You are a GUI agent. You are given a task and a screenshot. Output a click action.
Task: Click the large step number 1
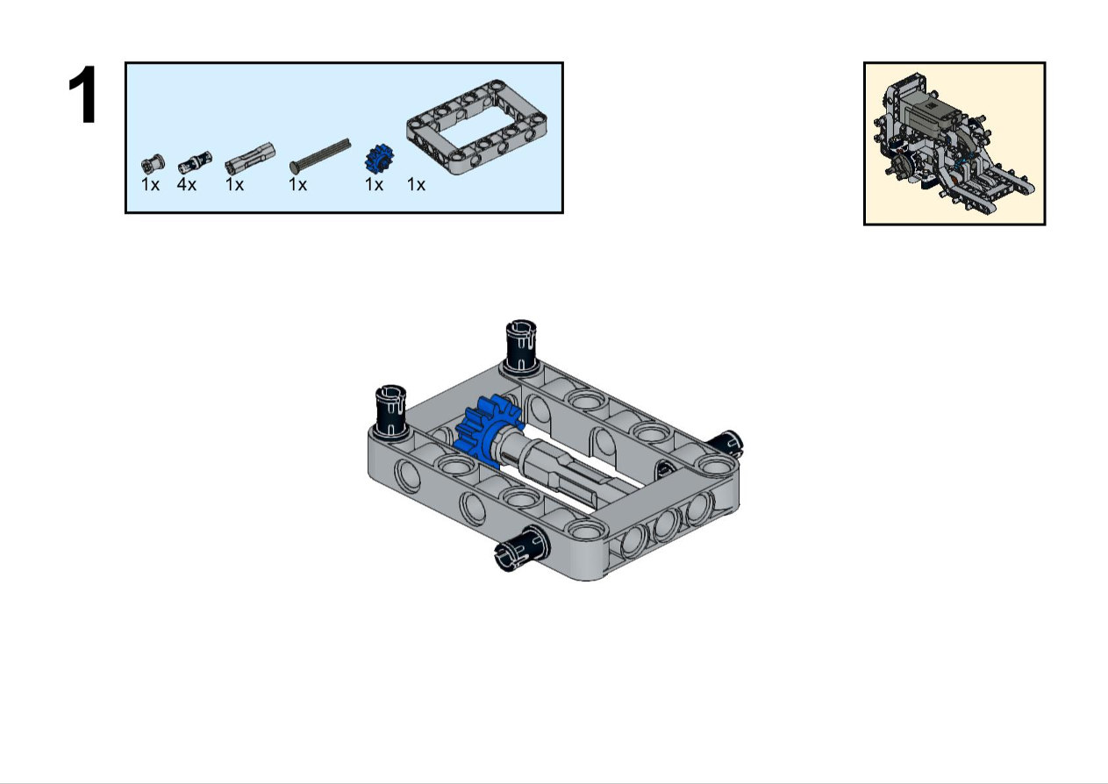click(83, 95)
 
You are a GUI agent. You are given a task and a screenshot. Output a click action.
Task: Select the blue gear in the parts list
click(379, 159)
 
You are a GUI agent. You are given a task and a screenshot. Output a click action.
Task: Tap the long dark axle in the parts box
click(320, 156)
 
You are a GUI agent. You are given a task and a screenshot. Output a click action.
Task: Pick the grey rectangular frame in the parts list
click(477, 127)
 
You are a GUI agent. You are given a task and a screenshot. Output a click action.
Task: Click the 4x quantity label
click(187, 185)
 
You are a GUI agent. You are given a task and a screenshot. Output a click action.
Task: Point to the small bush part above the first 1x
click(153, 163)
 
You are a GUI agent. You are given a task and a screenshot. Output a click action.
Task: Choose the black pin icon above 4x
click(195, 162)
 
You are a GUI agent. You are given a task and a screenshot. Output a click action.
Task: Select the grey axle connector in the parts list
click(250, 158)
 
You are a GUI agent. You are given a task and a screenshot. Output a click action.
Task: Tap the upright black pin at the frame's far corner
click(521, 345)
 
